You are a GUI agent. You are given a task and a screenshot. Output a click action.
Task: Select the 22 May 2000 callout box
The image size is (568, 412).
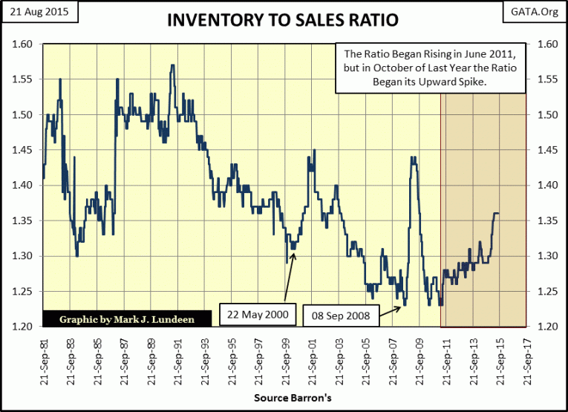[x=258, y=314]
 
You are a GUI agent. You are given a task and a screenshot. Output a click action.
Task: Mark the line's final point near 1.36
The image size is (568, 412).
[x=498, y=214]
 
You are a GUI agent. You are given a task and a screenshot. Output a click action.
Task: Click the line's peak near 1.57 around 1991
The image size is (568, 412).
[x=172, y=65]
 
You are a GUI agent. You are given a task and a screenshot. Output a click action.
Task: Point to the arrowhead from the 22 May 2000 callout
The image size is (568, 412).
[x=295, y=255]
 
